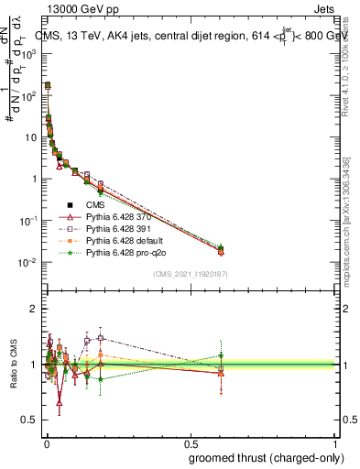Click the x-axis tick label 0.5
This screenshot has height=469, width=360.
coord(191,443)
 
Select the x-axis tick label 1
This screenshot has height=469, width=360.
coord(335,443)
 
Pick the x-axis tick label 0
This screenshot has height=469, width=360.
coord(47,443)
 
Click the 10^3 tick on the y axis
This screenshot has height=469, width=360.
coord(31,54)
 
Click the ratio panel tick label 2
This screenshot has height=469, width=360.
coord(34,309)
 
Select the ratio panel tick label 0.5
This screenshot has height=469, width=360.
coord(30,420)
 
